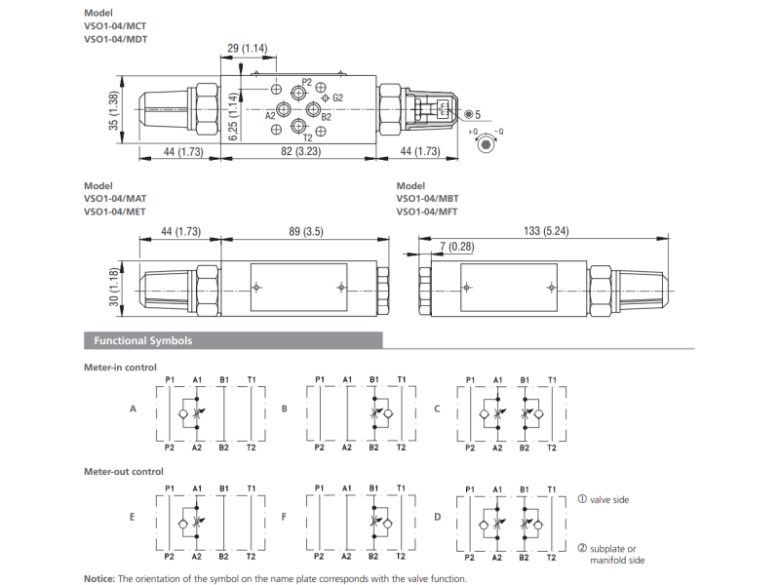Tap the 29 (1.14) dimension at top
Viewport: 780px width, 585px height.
[247, 48]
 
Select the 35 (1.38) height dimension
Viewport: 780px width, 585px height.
[114, 111]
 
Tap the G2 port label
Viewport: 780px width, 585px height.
[337, 97]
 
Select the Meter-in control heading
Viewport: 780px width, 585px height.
[120, 368]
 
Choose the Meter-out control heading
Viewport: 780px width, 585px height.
[123, 471]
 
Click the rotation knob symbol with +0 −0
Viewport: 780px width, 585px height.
[487, 143]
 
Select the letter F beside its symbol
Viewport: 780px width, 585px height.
[285, 515]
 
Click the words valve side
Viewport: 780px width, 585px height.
[609, 500]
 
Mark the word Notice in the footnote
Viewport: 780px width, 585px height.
[99, 578]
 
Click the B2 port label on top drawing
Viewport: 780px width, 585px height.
[326, 116]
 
